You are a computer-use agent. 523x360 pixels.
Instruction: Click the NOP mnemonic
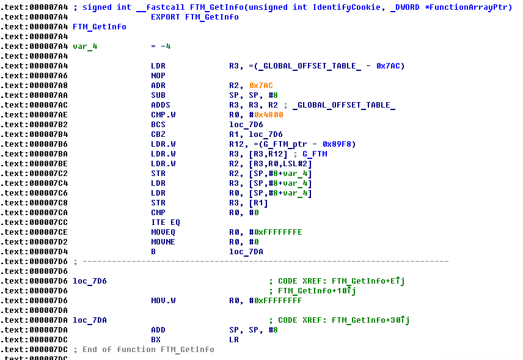tap(158, 76)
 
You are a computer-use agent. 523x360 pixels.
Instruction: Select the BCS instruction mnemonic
tap(158, 125)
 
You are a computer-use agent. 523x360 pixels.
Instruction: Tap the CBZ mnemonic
tap(158, 134)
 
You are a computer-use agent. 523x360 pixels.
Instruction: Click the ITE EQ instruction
tap(166, 222)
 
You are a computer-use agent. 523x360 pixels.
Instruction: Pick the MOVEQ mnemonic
tap(163, 232)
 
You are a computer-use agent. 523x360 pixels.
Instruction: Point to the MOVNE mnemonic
tap(163, 242)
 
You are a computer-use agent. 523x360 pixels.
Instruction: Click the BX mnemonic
tap(156, 340)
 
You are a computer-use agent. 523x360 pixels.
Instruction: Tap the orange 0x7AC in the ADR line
tap(261, 86)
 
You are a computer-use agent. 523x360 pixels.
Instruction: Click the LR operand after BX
tap(234, 340)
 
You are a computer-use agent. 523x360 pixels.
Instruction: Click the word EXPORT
tap(166, 17)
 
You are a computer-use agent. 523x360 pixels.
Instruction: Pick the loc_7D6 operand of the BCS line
tap(246, 125)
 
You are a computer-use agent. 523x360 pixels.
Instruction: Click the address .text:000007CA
tap(34, 213)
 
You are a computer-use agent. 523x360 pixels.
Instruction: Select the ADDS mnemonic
tap(161, 105)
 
